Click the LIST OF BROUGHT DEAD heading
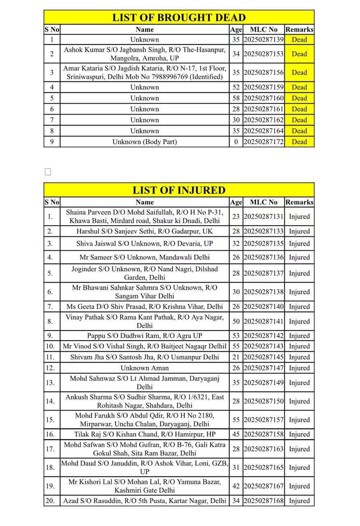(x=179, y=17)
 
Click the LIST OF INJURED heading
(x=179, y=190)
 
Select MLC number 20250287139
(x=263, y=39)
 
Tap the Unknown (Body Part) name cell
(x=145, y=142)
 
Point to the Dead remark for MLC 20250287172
(x=299, y=142)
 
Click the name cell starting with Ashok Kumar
(x=145, y=54)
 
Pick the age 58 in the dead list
(x=236, y=98)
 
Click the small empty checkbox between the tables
(x=48, y=171)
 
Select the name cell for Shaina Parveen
(x=145, y=217)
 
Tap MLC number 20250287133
(x=263, y=231)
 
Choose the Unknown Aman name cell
(x=145, y=368)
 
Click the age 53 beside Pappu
(x=236, y=336)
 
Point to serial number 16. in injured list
(x=50, y=434)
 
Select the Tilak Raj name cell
(x=145, y=434)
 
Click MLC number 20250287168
(x=263, y=501)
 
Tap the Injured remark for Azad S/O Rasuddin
(x=299, y=501)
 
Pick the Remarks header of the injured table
(x=299, y=202)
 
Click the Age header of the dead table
(x=236, y=30)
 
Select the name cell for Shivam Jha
(x=145, y=357)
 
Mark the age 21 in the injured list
(x=236, y=357)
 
